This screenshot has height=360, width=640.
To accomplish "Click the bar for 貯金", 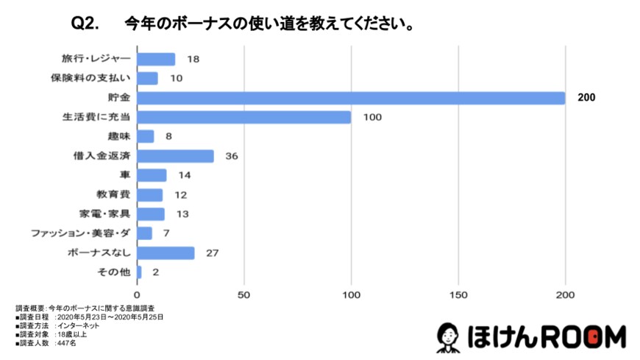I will click(351, 98).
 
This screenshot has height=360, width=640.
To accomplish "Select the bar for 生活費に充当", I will click(244, 117).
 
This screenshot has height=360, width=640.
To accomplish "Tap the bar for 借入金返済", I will click(175, 156).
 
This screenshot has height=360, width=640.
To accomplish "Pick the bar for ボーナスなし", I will click(166, 253).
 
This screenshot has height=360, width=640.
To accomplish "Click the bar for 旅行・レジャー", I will click(156, 60).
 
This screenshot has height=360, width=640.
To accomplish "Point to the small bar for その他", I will click(139, 272).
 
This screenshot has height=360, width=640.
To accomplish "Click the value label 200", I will click(586, 98).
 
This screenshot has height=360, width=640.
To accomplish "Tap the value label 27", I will click(213, 253).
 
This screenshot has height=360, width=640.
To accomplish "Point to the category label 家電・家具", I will click(104, 214).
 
